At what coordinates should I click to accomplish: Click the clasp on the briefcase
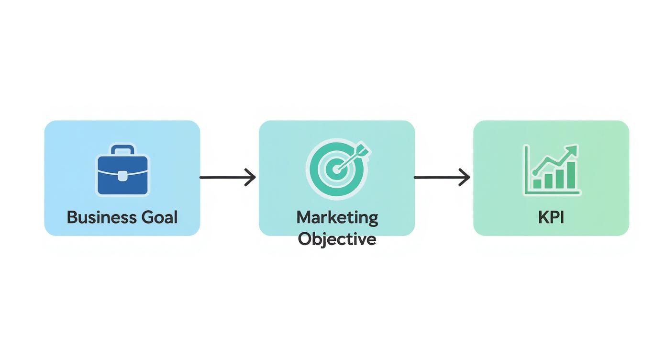[x=122, y=176]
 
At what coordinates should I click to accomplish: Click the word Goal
[x=159, y=217]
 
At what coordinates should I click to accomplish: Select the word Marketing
[x=337, y=218]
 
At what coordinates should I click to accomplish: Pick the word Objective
[x=337, y=238]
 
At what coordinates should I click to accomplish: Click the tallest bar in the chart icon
[x=571, y=175]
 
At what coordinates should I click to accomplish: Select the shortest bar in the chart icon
[x=537, y=184]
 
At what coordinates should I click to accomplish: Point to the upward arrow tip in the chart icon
[x=575, y=149]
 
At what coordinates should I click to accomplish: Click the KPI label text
[x=551, y=217]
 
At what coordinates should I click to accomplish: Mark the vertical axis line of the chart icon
[x=526, y=170]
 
